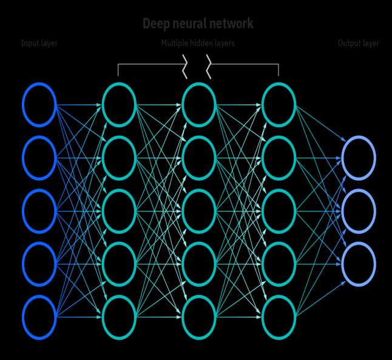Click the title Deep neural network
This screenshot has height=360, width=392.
coord(197,24)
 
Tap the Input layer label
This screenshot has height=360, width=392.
coord(39,44)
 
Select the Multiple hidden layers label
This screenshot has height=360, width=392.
coord(198,44)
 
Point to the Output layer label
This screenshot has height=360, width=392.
coord(358,44)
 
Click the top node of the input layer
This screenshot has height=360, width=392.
coord(39,105)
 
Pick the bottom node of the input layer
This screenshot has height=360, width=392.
coord(39,317)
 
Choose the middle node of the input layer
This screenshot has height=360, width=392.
coord(39,211)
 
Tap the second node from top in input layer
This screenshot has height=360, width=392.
coord(39,158)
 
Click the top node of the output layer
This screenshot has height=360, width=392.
coord(359,158)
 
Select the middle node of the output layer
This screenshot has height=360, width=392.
coord(359,211)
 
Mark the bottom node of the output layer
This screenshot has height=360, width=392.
coord(359,264)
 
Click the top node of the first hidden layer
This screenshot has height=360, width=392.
coord(119,105)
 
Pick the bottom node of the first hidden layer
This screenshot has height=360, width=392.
coord(119,317)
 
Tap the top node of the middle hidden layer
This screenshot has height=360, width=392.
coord(199,105)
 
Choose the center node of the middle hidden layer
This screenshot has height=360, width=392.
coord(199,211)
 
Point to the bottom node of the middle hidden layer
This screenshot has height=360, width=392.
coord(199,317)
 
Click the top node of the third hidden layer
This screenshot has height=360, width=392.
coord(279,105)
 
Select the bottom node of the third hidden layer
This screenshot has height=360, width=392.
coord(279,317)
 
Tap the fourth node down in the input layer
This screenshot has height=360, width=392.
coord(39,264)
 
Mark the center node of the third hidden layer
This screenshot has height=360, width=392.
coord(279,211)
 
